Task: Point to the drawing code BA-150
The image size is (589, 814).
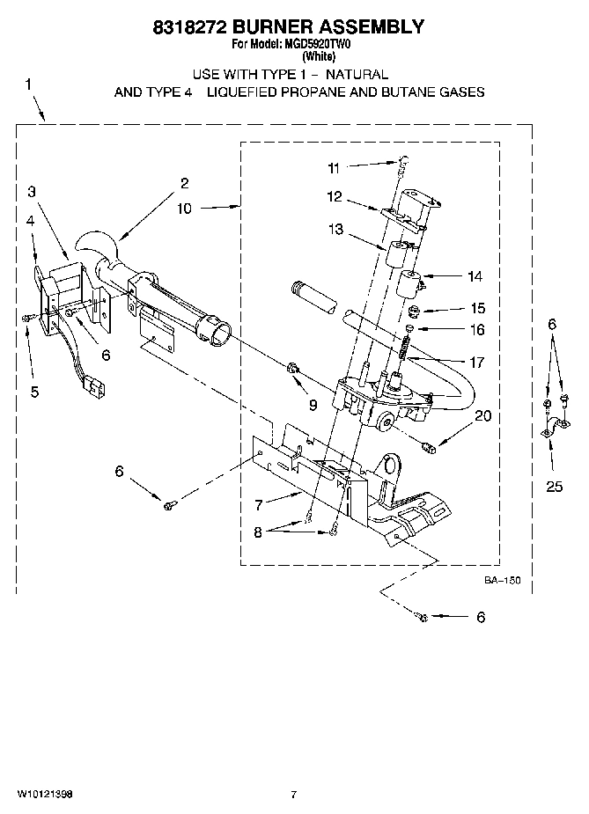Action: click(502, 580)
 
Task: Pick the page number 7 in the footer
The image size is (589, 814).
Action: click(295, 795)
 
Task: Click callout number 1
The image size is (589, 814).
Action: click(28, 84)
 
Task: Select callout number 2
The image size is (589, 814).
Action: click(184, 183)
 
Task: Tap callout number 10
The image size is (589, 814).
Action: click(183, 209)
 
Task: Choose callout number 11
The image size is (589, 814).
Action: click(333, 167)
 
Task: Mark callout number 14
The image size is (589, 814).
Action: click(475, 276)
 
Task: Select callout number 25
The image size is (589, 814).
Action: click(554, 486)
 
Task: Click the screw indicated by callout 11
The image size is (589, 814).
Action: click(403, 161)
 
